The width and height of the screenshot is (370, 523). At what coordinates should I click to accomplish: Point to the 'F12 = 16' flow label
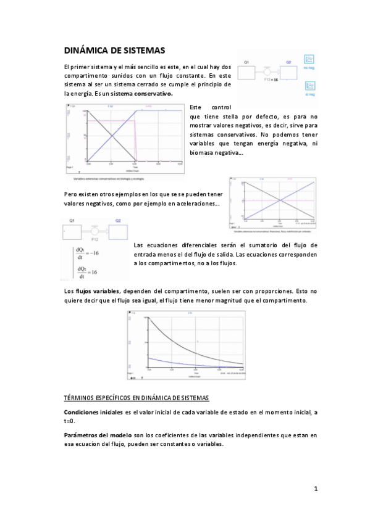(x=270, y=80)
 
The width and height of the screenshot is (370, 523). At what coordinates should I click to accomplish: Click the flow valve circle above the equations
(x=95, y=230)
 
